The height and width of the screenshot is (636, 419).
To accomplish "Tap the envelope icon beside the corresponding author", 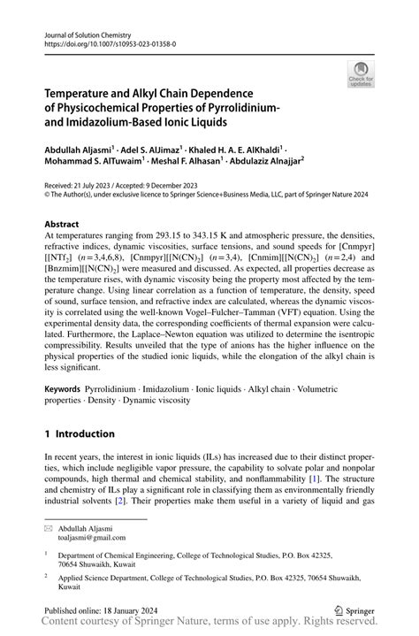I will pyautogui.click(x=50, y=527).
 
